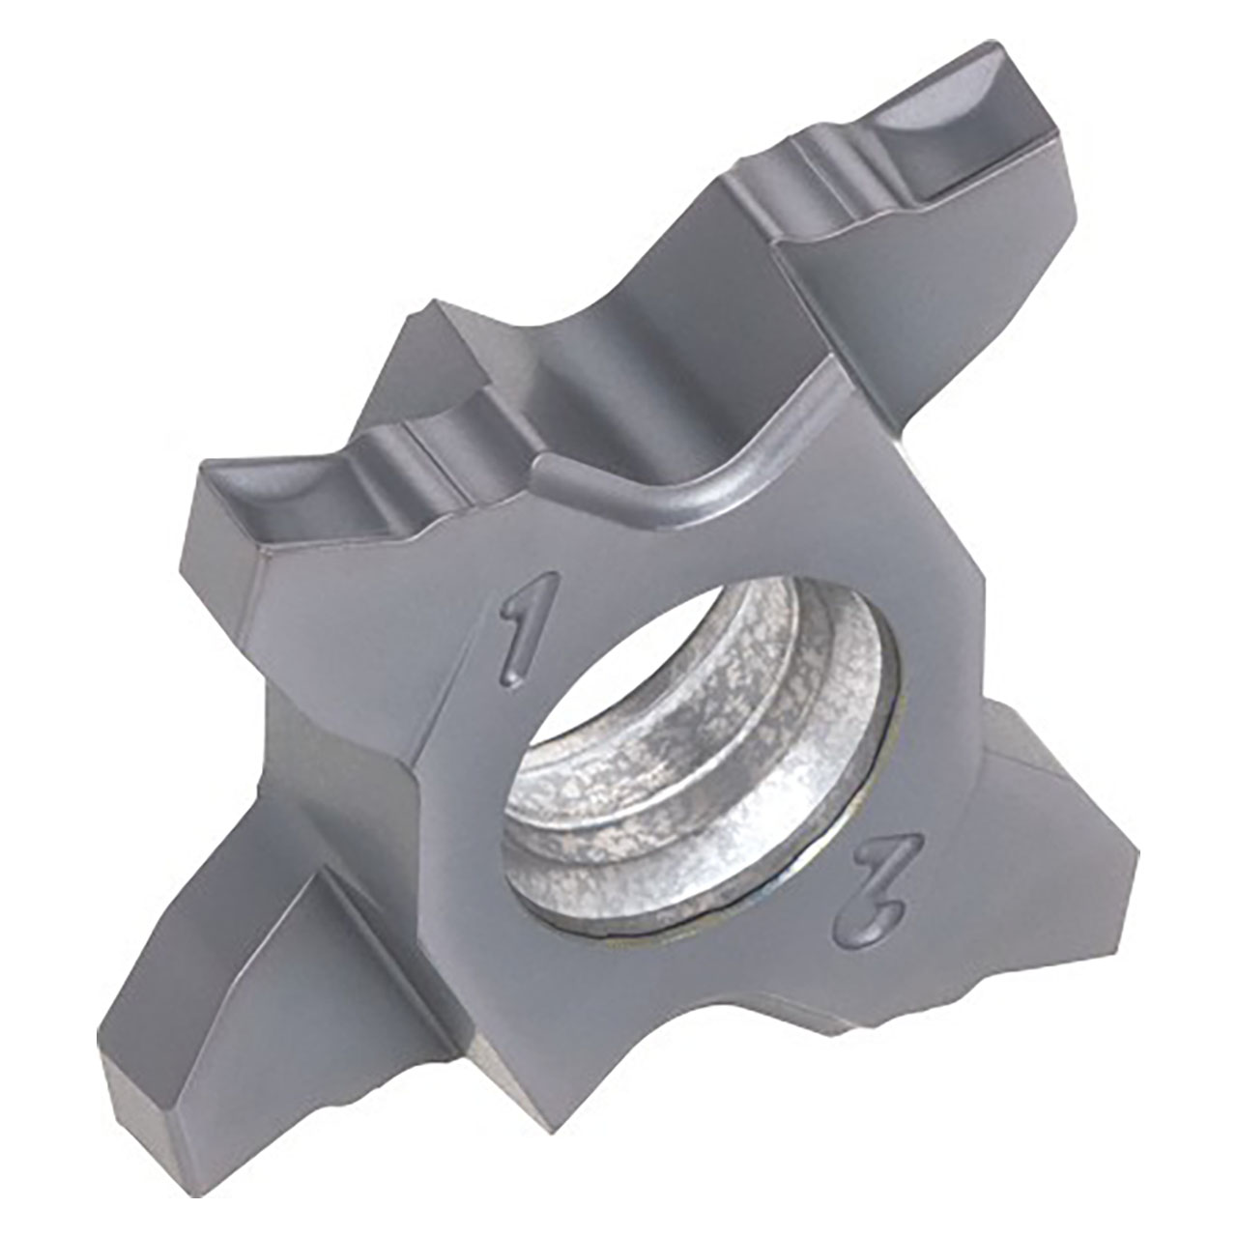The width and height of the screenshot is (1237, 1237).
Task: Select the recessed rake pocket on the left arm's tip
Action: (x=271, y=493)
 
